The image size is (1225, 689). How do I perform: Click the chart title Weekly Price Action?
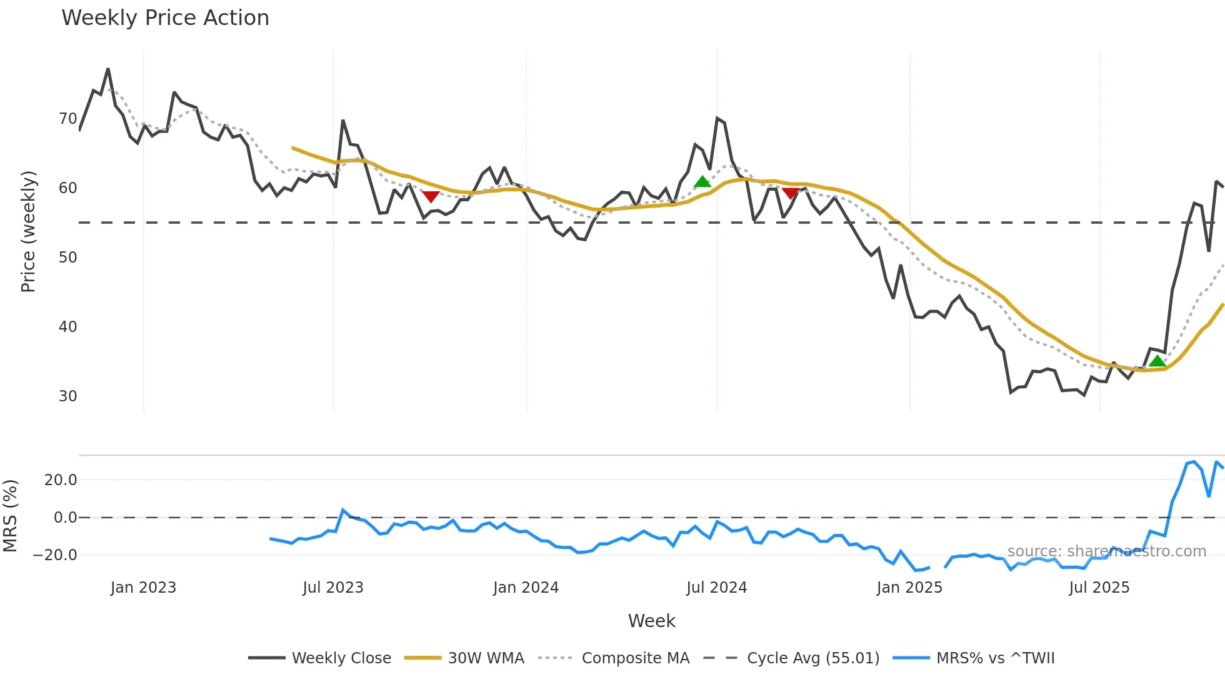click(x=165, y=18)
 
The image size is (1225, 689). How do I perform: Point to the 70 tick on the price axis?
click(x=67, y=119)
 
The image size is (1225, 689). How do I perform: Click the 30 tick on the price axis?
click(x=67, y=396)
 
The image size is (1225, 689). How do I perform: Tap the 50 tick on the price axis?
click(x=67, y=258)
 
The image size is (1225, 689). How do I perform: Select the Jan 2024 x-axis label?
click(x=526, y=588)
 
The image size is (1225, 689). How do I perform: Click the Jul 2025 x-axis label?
click(x=1099, y=588)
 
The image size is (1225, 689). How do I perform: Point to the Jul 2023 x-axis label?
click(x=333, y=588)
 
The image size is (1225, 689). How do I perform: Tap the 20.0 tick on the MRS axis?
click(x=61, y=480)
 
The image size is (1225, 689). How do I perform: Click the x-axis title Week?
click(x=651, y=621)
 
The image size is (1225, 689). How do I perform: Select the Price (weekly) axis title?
click(x=28, y=231)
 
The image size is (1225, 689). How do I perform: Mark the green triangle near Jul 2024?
click(x=702, y=182)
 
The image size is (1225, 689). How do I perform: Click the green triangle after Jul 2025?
click(x=1157, y=361)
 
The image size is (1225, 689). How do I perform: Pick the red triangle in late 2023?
click(x=431, y=197)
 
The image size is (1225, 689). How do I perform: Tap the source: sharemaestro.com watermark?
click(x=1106, y=551)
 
